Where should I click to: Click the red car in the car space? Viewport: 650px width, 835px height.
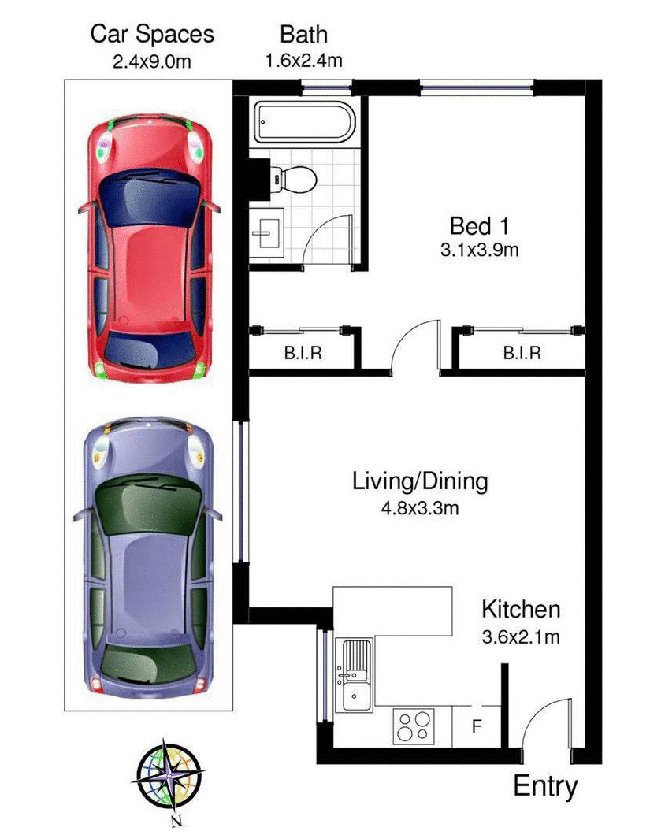[149, 248]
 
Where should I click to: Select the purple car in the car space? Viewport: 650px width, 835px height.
[149, 559]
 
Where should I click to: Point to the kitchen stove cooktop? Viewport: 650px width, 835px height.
[414, 725]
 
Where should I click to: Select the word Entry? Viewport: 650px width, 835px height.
[545, 785]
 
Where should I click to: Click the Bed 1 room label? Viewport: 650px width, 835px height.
[479, 226]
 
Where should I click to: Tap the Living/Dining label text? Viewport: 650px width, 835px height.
[420, 481]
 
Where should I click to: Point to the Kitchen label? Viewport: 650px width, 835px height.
[521, 609]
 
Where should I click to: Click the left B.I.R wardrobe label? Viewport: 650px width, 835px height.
[303, 354]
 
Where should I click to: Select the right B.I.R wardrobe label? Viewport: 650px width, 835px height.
[522, 354]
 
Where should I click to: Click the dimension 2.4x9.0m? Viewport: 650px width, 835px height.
[152, 60]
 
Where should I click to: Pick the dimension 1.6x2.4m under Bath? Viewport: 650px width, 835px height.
[303, 60]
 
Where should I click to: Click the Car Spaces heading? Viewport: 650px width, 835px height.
[152, 34]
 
